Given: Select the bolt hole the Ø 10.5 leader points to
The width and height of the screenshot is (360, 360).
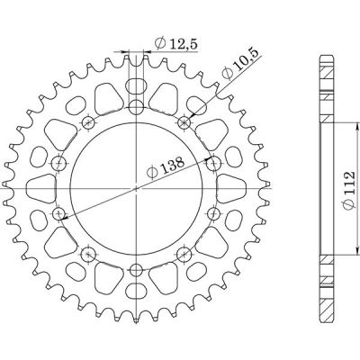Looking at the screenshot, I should (184, 121).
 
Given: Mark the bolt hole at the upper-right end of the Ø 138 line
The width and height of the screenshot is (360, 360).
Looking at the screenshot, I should (214, 162).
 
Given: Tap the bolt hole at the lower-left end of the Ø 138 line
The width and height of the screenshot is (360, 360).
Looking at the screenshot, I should (59, 214).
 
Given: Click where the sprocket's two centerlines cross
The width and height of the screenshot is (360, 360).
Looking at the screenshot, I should (135, 188).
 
